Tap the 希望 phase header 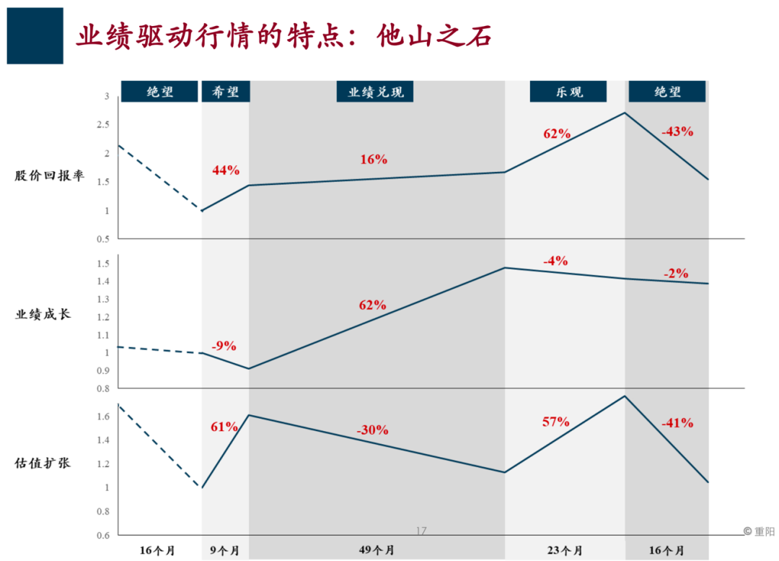click(226, 92)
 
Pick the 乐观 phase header click(568, 92)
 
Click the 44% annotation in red click(226, 170)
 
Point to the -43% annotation click(677, 131)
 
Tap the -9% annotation click(224, 345)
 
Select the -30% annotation click(372, 430)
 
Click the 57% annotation click(556, 422)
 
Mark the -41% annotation click(677, 423)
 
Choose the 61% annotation click(224, 427)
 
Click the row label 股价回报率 click(49, 175)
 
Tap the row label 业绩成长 click(43, 315)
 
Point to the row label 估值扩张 click(43, 464)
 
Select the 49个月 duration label click(377, 550)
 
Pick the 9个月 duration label click(225, 550)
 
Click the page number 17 click(421, 531)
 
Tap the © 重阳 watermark click(758, 531)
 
